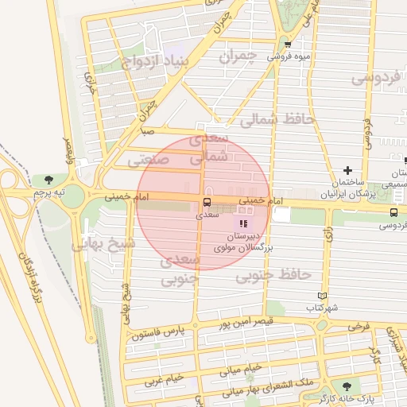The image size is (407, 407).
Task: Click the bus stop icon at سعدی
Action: tap(207, 202)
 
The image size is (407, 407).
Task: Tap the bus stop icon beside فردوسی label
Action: tap(394, 211)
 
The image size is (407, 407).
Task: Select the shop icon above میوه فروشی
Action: tap(287, 45)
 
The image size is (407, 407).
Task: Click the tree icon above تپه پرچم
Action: tap(49, 180)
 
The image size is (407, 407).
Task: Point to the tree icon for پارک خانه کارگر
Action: tap(346, 386)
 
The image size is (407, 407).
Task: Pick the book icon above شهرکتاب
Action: tap(322, 295)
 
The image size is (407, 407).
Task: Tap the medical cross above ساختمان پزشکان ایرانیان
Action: tap(347, 170)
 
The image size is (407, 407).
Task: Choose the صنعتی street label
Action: tap(148, 160)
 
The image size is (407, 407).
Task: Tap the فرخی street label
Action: tap(359, 325)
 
